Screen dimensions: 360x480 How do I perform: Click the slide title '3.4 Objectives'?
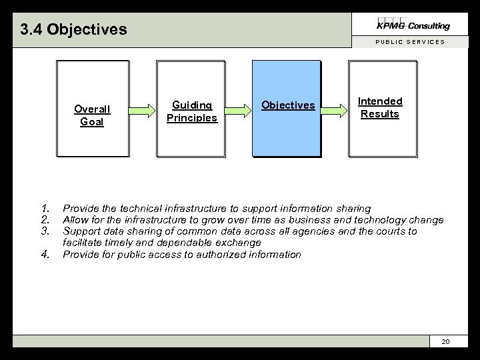tap(73, 30)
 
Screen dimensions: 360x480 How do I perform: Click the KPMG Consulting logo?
tap(413, 25)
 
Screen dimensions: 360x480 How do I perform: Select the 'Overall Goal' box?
tap(92, 109)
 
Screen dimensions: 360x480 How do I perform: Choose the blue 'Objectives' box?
tap(287, 109)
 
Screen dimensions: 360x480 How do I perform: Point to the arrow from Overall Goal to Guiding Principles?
tap(142, 110)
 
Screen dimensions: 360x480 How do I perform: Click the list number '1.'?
tap(45, 209)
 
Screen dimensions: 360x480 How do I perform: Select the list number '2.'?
tap(45, 220)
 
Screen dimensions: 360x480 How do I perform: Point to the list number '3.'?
tap(45, 231)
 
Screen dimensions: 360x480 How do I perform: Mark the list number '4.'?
tap(45, 254)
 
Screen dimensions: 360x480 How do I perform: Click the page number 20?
tap(446, 341)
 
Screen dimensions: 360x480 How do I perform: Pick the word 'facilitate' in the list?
tap(83, 243)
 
